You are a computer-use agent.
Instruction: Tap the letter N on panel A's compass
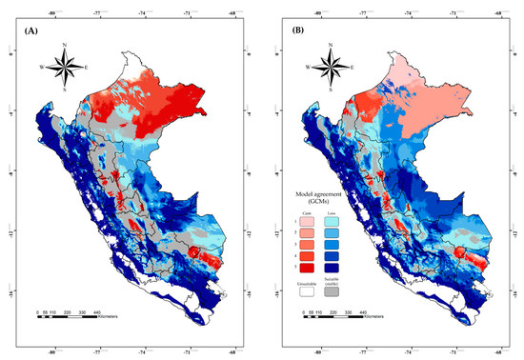pos(64,44)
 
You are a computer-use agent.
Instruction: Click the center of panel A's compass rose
pos(64,67)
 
